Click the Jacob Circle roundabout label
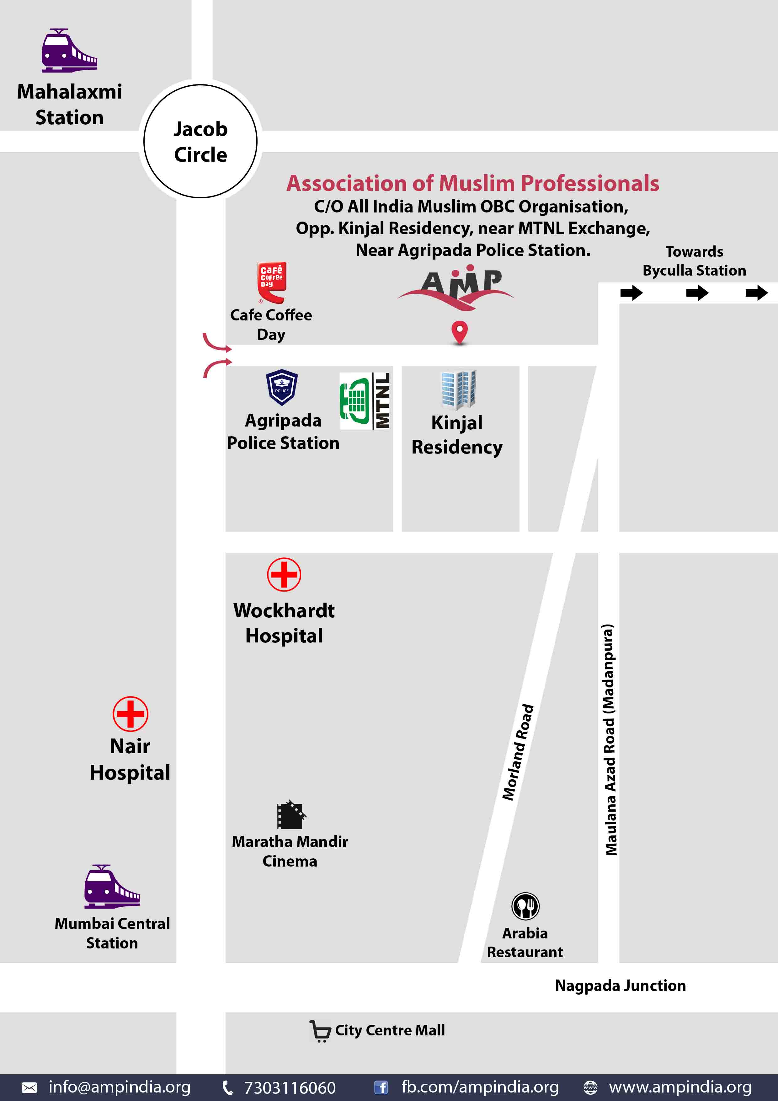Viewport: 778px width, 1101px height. coord(200,142)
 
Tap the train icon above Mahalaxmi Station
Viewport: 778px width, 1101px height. coord(69,51)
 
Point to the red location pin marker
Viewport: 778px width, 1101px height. coord(459,332)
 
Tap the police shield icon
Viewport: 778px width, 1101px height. coord(282,387)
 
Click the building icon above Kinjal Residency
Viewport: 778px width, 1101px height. coord(458,389)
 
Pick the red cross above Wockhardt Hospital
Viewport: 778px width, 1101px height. coord(284,574)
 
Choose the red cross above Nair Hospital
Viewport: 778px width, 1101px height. coord(131,713)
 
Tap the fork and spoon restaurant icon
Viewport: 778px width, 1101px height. coord(525,906)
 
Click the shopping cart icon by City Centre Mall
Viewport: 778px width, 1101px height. coord(320,1031)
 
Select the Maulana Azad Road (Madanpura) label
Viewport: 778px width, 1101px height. coord(609,739)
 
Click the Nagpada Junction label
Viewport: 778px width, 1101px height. coord(620,986)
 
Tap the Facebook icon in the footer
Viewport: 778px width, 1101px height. coord(381,1088)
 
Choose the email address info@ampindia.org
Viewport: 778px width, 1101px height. coord(119,1087)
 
